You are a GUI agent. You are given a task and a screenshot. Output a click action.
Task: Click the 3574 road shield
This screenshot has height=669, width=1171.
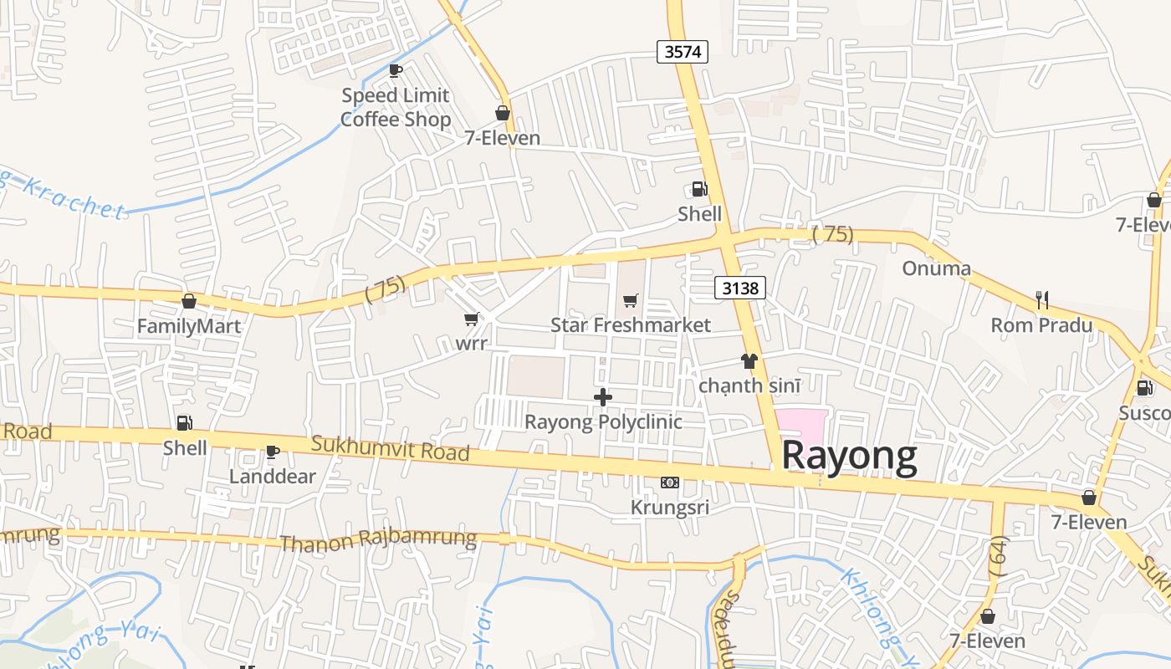(x=683, y=52)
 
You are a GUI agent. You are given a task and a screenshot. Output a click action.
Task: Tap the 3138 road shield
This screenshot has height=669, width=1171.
(x=740, y=289)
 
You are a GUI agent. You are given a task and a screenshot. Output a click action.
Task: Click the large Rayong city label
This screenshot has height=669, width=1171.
(x=849, y=457)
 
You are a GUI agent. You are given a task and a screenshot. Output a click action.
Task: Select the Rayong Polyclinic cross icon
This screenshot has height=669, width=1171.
(x=603, y=397)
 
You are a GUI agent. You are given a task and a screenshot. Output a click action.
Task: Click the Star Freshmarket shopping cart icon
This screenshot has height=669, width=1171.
(x=631, y=300)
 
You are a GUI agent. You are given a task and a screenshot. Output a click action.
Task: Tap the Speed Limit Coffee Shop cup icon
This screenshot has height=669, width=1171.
(x=396, y=70)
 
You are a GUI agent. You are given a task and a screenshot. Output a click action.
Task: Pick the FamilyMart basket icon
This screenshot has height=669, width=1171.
(x=189, y=301)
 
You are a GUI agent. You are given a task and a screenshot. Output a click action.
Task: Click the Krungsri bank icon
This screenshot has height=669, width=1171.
(x=670, y=483)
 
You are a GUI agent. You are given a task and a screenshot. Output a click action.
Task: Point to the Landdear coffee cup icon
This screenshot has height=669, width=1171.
(x=272, y=452)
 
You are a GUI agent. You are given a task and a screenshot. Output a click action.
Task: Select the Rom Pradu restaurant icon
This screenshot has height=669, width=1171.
(x=1042, y=299)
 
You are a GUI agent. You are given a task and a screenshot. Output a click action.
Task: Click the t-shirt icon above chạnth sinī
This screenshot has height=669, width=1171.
(x=749, y=361)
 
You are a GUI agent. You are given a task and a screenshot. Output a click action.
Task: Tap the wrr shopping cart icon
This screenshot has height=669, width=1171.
(x=471, y=319)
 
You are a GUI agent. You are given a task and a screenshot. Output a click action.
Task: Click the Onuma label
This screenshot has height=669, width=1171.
(x=936, y=268)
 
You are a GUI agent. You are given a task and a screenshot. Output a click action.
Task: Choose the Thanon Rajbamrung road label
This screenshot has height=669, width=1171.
(x=378, y=540)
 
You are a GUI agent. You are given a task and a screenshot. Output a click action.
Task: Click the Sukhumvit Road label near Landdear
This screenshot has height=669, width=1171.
(x=390, y=448)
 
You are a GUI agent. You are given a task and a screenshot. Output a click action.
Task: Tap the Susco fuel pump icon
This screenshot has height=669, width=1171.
(x=1144, y=388)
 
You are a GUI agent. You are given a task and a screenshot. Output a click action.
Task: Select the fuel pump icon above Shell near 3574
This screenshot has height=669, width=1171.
(x=699, y=189)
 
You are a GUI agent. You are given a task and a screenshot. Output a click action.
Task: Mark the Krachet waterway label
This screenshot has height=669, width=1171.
(x=71, y=197)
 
